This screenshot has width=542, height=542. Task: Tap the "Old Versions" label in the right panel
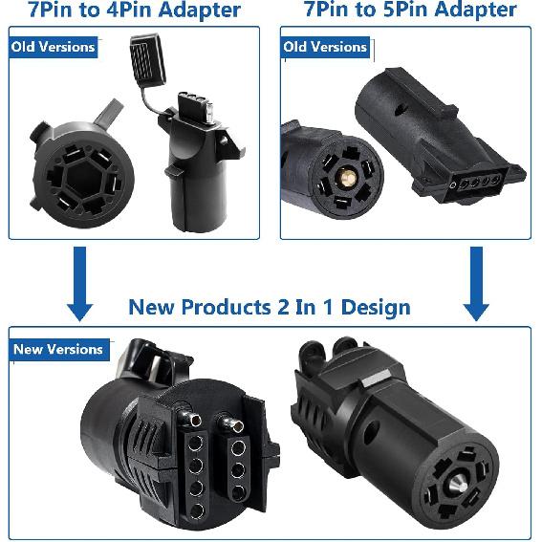[326, 47]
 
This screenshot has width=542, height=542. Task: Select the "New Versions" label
[57, 349]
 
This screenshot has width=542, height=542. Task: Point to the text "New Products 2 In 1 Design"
[270, 308]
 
